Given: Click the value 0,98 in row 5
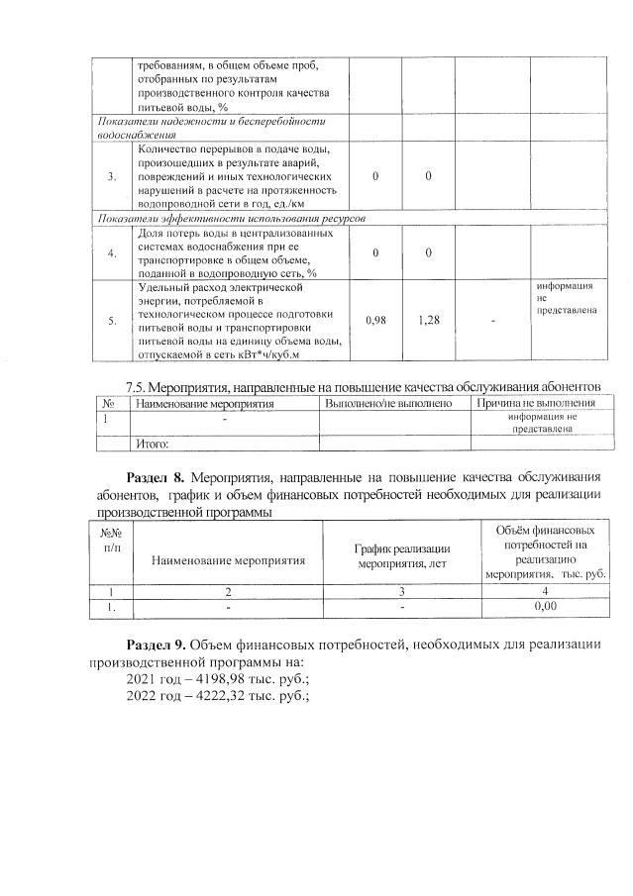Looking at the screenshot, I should [x=375, y=320].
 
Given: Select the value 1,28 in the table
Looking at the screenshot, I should [x=428, y=320].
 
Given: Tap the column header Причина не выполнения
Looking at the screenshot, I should [x=535, y=403].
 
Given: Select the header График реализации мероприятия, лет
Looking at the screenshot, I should [x=402, y=556].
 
